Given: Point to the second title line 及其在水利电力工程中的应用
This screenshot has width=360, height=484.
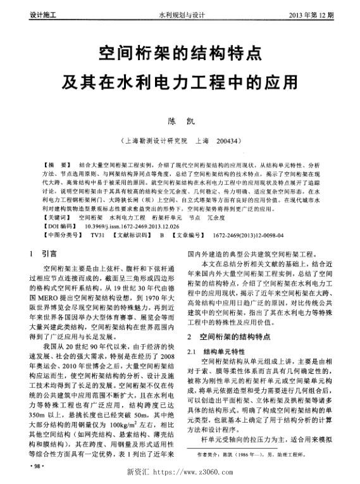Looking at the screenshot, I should (180, 82).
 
